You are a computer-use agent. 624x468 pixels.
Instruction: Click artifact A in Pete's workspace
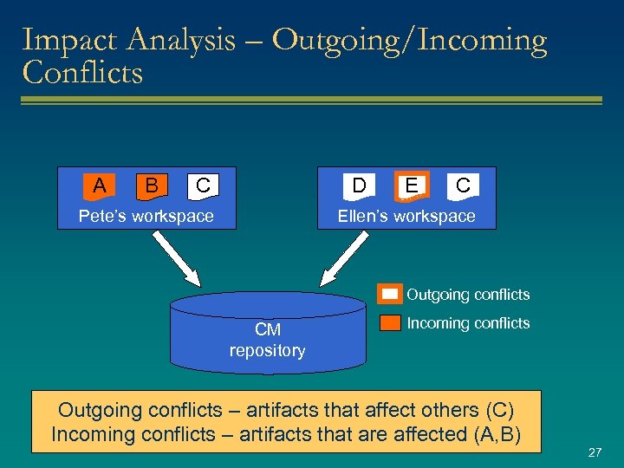[x=100, y=185]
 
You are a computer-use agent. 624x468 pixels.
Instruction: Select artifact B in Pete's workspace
[x=152, y=185]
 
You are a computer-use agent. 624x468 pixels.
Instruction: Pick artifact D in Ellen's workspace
[x=358, y=185]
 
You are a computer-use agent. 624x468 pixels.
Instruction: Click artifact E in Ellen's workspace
[x=411, y=185]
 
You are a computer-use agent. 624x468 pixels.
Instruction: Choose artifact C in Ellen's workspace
[x=463, y=185]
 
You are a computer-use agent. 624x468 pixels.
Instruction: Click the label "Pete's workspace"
[x=146, y=216]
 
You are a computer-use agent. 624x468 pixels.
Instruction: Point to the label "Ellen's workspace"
[x=406, y=216]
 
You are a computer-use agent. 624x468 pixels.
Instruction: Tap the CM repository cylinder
[x=268, y=334]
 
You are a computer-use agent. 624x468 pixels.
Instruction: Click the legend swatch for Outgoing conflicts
[x=390, y=295]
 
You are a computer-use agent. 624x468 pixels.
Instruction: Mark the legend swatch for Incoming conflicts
[x=390, y=323]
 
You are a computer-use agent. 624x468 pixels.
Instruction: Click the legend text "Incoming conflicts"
[x=468, y=323]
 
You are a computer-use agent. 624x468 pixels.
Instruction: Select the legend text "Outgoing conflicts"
[x=468, y=295]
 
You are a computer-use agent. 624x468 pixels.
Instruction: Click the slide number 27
[x=595, y=452]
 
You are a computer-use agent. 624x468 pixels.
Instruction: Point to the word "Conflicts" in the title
[x=82, y=73]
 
